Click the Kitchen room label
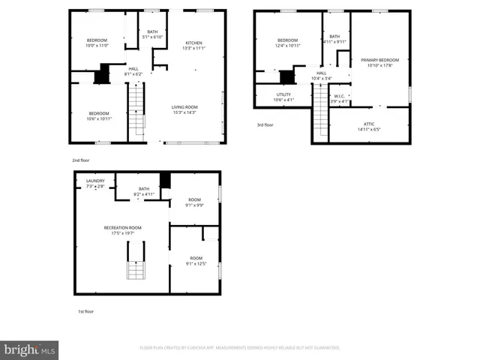point(193,46)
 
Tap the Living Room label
point(184,109)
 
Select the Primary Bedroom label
point(379,62)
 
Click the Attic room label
point(370,126)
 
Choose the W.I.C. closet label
point(340,98)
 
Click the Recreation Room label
point(123,230)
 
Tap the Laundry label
point(95,182)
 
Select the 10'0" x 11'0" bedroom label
point(97,43)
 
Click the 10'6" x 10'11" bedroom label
point(99,116)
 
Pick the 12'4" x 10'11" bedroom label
point(289,43)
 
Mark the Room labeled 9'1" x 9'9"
point(194,202)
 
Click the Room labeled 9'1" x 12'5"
point(194,261)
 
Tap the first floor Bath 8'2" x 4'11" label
point(144,192)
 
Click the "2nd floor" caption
point(81,160)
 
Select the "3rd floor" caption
point(265,125)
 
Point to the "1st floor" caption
point(86,310)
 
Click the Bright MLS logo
point(30,349)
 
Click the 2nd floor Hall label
point(133,71)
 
